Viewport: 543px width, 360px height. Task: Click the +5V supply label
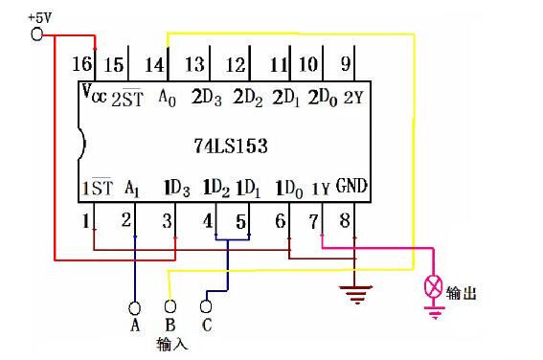coord(41,17)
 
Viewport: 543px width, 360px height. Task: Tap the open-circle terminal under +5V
coord(39,34)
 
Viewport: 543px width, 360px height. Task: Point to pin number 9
coord(346,64)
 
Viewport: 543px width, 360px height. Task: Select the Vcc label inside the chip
coord(94,95)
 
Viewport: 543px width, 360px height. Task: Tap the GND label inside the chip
coord(351,186)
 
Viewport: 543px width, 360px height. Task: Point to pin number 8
coord(346,222)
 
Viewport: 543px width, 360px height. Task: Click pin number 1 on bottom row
coord(86,221)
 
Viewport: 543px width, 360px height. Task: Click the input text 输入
coord(170,343)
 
